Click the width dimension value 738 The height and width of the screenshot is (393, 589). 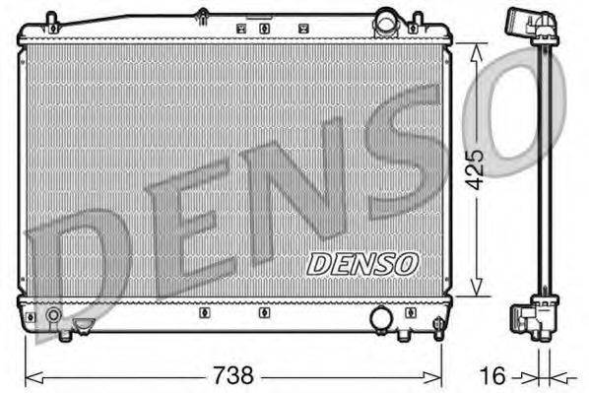tap(233, 374)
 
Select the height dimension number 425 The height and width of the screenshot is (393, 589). tap(477, 169)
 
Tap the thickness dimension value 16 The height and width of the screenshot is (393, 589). tap(498, 374)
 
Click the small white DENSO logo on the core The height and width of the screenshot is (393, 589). tap(363, 264)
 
